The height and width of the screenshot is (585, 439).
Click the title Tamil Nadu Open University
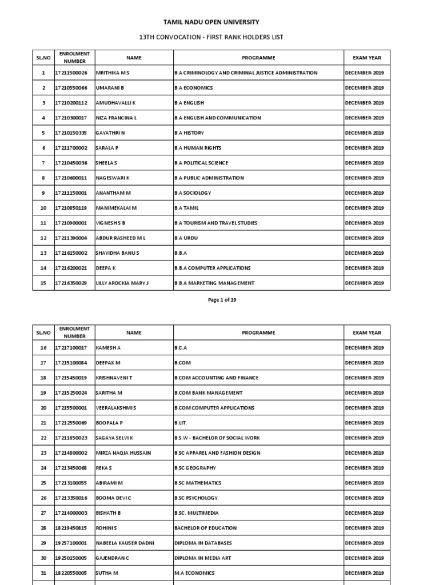click(x=211, y=22)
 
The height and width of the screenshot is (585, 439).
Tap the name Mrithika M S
click(x=113, y=73)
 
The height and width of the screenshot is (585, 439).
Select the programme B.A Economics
click(x=193, y=88)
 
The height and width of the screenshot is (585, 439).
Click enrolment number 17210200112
click(x=71, y=103)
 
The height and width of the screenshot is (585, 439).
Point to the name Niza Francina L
click(x=117, y=118)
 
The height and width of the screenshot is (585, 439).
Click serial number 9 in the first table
click(x=43, y=193)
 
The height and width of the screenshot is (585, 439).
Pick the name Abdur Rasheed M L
click(x=121, y=238)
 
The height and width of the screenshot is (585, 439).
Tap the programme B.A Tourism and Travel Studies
click(x=215, y=223)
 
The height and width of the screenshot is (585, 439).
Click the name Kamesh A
click(x=108, y=348)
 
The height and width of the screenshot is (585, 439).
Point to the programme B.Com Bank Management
click(x=208, y=393)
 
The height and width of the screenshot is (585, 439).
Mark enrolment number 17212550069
click(x=71, y=423)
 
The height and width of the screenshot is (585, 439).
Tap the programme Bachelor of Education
click(x=205, y=528)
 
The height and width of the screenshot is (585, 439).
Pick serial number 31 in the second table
click(x=43, y=573)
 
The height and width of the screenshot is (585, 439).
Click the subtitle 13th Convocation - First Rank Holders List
click(x=211, y=37)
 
